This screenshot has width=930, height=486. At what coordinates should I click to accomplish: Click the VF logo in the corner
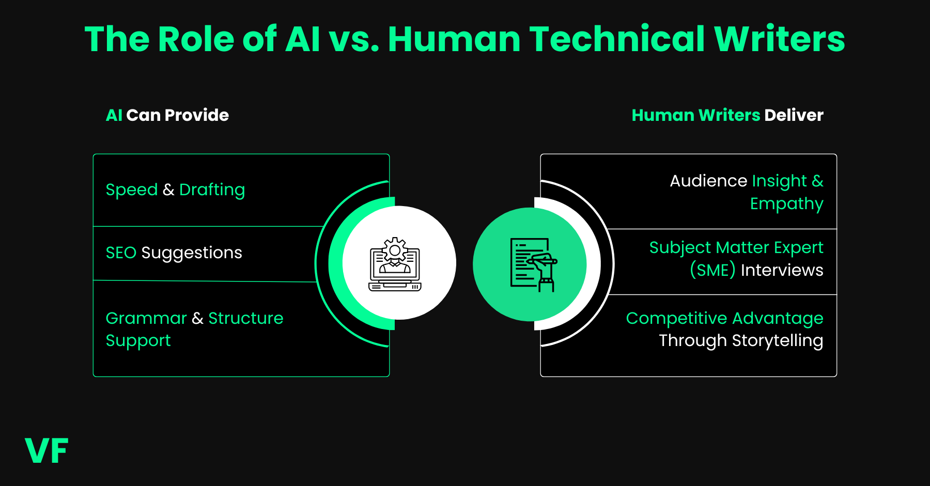pos(47,450)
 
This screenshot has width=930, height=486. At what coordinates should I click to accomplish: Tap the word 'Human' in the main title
pos(454,39)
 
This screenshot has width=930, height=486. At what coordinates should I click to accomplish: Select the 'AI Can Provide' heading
pos(167,115)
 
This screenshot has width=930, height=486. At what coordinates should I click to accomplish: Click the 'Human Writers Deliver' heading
pos(727,115)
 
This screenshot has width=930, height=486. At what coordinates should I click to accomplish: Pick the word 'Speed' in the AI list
pos(131,190)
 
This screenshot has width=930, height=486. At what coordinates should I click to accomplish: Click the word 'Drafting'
pos(212,190)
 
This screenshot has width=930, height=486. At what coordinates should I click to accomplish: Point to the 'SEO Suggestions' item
pos(174,253)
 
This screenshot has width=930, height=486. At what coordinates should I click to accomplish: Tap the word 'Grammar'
pos(146,318)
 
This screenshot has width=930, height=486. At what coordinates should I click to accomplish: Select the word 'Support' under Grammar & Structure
pos(138,341)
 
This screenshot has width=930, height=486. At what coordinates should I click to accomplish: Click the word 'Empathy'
pos(786,204)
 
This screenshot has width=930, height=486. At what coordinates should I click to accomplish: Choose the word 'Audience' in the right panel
pos(708,181)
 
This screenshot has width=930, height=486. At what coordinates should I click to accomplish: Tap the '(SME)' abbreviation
pos(712,270)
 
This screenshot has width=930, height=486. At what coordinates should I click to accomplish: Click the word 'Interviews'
pos(782,270)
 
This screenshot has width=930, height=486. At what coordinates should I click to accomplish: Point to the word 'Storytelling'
pos(777,341)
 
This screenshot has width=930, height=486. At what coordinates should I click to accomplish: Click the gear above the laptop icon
pos(395,250)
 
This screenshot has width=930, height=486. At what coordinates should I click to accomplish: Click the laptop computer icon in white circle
pos(395,264)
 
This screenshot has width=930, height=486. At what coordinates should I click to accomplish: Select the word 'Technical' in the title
pos(617,39)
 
